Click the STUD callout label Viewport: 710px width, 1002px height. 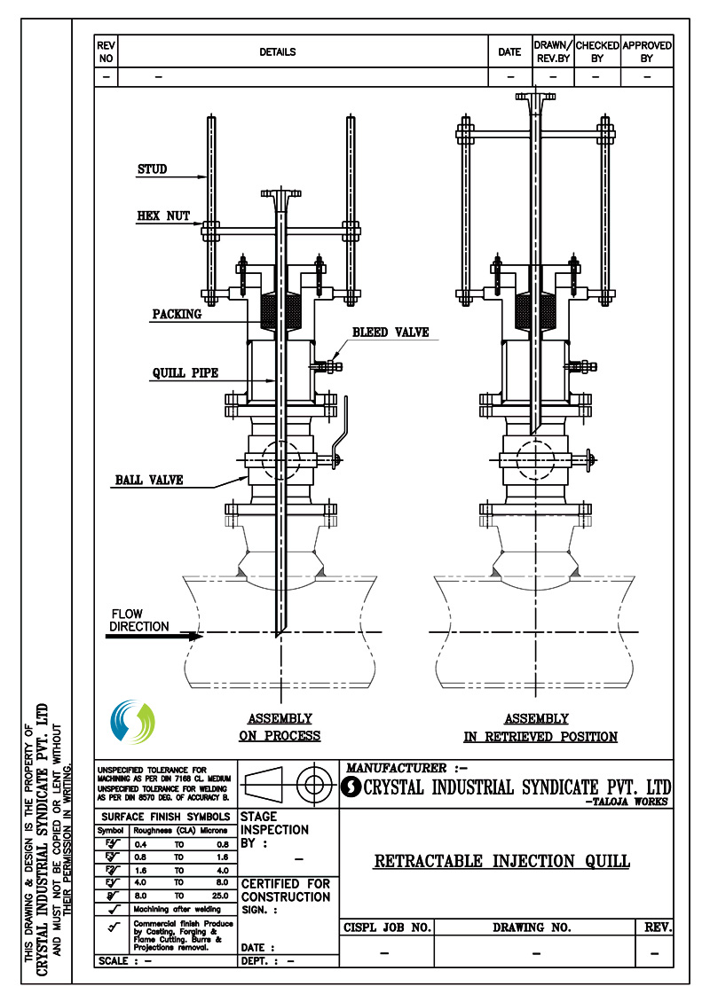click(152, 169)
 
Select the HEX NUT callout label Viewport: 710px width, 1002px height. click(163, 215)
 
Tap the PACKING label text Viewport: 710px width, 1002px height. click(177, 314)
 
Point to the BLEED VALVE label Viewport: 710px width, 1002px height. click(390, 333)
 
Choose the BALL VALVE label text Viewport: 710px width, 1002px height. click(148, 480)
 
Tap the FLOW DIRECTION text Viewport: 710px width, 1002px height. click(139, 620)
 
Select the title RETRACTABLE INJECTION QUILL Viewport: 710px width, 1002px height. click(501, 861)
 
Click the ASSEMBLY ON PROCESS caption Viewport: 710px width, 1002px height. click(280, 727)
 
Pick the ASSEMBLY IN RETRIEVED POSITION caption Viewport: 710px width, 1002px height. click(540, 727)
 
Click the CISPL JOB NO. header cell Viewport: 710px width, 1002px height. click(387, 928)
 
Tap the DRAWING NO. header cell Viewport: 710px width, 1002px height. click(532, 928)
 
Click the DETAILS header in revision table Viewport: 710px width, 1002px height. click(278, 52)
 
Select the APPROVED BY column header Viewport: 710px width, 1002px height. click(646, 51)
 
